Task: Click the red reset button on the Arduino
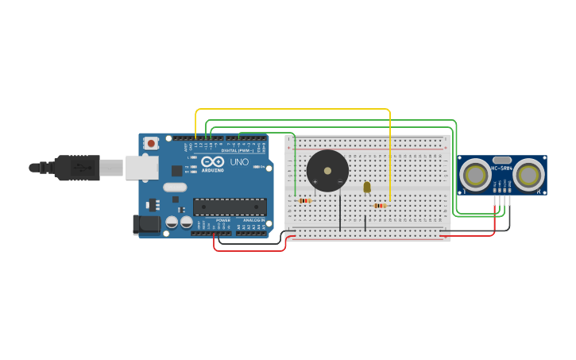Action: pyautogui.click(x=151, y=143)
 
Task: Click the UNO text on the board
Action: pyautogui.click(x=239, y=162)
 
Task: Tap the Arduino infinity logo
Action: pyautogui.click(x=213, y=162)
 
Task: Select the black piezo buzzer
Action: pyautogui.click(x=327, y=170)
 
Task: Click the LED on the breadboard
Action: pyautogui.click(x=366, y=188)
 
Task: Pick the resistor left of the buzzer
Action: pyautogui.click(x=305, y=200)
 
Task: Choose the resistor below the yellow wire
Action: pyautogui.click(x=381, y=205)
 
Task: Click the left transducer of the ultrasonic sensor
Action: pyautogui.click(x=476, y=176)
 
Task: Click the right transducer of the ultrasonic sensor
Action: pyautogui.click(x=528, y=176)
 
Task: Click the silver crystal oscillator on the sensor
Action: pyautogui.click(x=501, y=160)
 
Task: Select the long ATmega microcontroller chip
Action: pyautogui.click(x=230, y=207)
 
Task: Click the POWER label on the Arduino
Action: pyautogui.click(x=222, y=220)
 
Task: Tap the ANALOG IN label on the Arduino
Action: pyautogui.click(x=253, y=220)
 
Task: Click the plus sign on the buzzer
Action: pyautogui.click(x=315, y=182)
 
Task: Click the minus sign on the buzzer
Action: pyautogui.click(x=340, y=182)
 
